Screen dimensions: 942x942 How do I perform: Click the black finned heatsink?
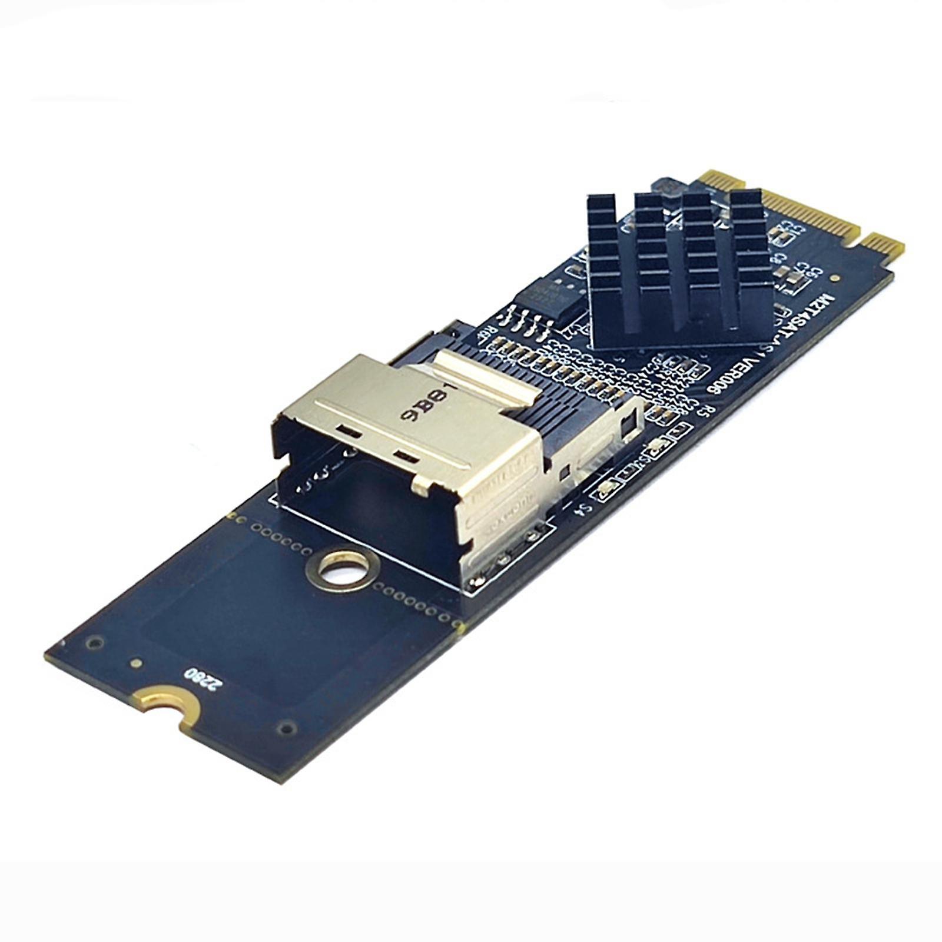[x=677, y=265]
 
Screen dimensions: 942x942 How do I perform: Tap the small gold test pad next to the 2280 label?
[x=137, y=663]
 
